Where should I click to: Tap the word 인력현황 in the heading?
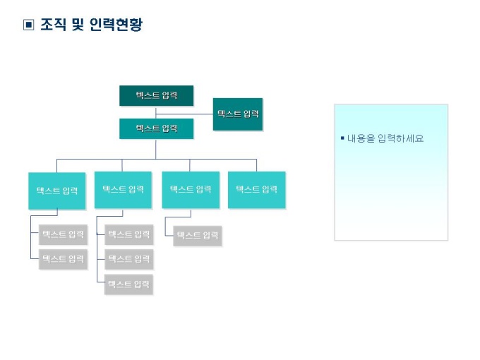116,25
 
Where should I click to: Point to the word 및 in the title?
78,25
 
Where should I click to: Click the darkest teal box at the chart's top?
156,95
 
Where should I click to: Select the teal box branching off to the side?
238,114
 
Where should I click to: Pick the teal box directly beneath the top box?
156,128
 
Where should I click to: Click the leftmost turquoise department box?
57,191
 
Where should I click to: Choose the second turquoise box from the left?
123,190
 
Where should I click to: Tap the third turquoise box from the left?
191,190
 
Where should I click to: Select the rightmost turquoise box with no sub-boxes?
256,190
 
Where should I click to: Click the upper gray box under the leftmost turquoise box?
63,234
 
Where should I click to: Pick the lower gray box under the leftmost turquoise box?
63,259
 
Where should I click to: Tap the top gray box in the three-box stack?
128,234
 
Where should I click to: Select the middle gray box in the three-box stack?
128,259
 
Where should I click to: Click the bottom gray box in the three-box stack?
128,284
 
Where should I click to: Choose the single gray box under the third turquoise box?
197,236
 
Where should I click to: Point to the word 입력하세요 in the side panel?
400,139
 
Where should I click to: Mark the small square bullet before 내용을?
342,138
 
